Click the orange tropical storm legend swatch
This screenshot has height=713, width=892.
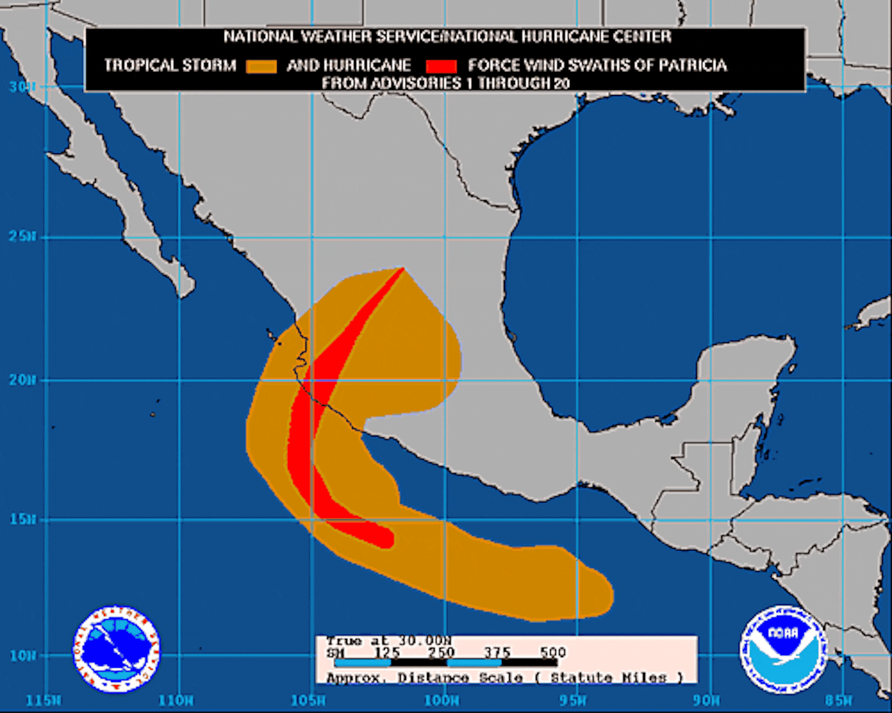[x=261, y=66]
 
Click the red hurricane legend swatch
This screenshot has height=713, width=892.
[x=441, y=66]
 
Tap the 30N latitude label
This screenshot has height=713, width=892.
[x=22, y=87]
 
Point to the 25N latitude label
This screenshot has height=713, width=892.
[x=22, y=237]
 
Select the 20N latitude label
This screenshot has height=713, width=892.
[x=22, y=380]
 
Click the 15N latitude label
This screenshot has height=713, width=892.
[x=22, y=519]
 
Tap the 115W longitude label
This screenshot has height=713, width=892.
[x=43, y=701]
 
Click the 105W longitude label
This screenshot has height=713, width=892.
[x=308, y=701]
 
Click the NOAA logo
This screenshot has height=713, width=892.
[x=783, y=649]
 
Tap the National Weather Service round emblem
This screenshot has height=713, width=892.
[x=117, y=649]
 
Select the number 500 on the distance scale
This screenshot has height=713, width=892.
[x=553, y=653]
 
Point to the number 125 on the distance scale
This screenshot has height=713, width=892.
[x=387, y=653]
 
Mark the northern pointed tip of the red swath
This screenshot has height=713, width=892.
[x=403, y=269]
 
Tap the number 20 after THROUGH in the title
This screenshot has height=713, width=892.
[x=562, y=84]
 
